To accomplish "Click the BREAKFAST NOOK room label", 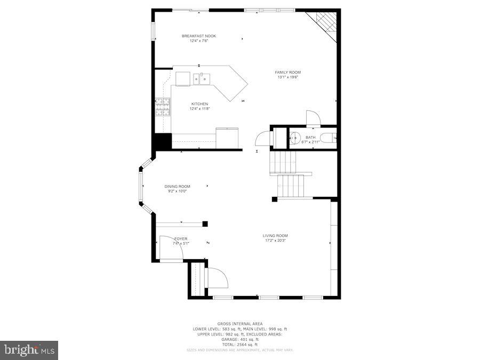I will pos(199,36).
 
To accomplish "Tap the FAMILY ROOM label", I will pos(287,73).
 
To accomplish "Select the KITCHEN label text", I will pos(199,104).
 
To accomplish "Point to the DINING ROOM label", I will pos(177,186).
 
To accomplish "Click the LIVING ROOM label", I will pos(275,236).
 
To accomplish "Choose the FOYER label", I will pos(181,238).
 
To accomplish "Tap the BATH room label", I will pos(310,138).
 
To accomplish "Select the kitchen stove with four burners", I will pos(163,107).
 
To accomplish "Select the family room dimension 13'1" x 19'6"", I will pos(287,77).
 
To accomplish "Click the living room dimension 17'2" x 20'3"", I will pos(275,241).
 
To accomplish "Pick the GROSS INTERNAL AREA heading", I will pos(239,324).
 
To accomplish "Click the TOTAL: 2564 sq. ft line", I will pos(239,345).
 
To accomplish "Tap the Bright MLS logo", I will pos(29,350).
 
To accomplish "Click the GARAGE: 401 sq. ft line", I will pos(239,339).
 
